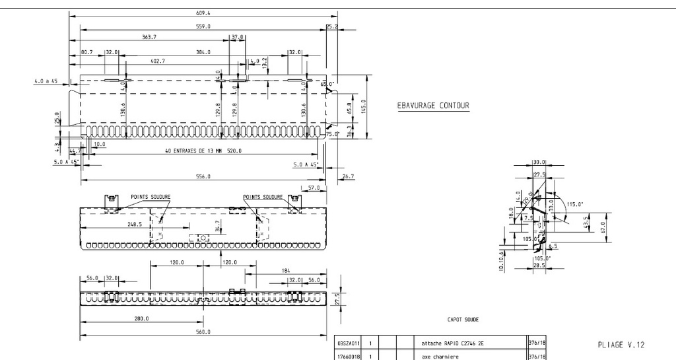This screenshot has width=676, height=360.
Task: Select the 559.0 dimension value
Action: [x=203, y=26]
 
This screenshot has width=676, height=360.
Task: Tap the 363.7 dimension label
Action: [x=149, y=37]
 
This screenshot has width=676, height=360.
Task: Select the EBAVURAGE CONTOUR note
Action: [x=433, y=106]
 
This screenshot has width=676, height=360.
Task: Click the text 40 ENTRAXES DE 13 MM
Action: [x=194, y=151]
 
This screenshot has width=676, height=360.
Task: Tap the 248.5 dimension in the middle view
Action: [x=117, y=224]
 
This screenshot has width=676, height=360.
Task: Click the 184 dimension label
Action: [x=285, y=270]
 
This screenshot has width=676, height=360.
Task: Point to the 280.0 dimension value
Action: [x=141, y=318]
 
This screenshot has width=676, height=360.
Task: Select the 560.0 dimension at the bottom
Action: [x=203, y=332]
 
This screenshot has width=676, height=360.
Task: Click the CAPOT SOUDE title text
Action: [x=463, y=319]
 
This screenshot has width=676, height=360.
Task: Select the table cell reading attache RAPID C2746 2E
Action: [x=457, y=343]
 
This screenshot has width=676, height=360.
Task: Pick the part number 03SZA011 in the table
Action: [x=348, y=343]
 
